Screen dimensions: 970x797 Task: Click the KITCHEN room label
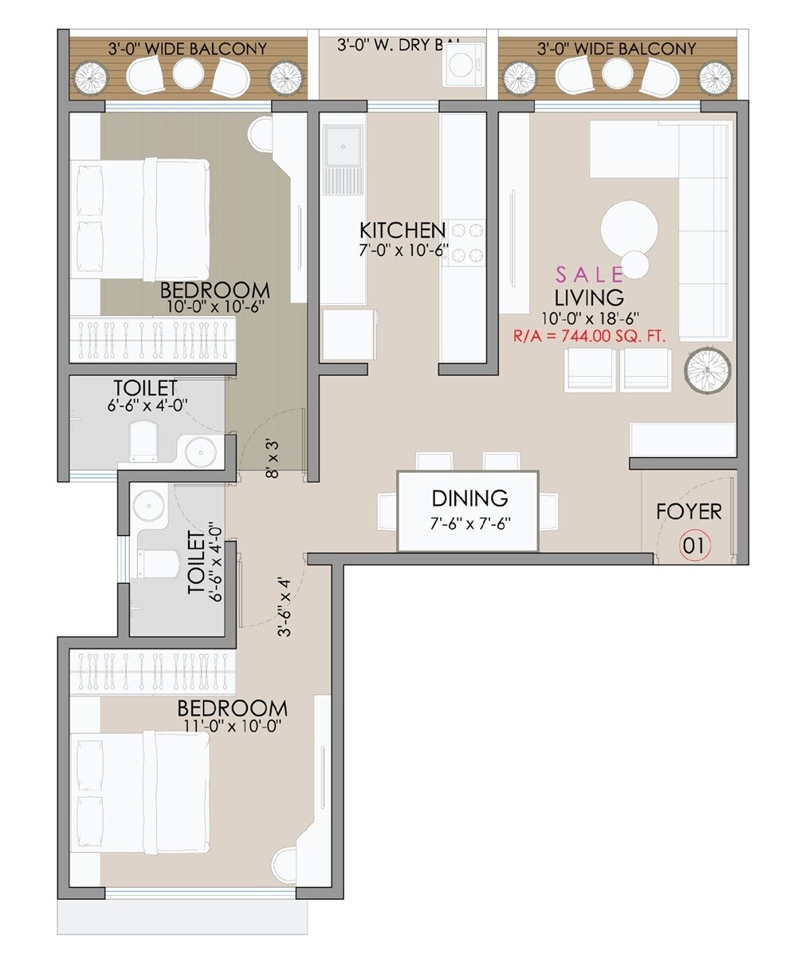pyautogui.click(x=402, y=231)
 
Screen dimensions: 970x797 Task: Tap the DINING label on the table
pyautogui.click(x=469, y=499)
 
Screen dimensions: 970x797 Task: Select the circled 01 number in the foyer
pyautogui.click(x=694, y=547)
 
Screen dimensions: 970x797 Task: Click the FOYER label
pyautogui.click(x=689, y=511)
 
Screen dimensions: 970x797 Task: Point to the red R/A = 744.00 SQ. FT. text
pyautogui.click(x=590, y=337)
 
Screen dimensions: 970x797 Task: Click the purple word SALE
pyautogui.click(x=590, y=275)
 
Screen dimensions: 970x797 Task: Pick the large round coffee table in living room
pyautogui.click(x=629, y=227)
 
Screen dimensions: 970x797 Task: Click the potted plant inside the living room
pyautogui.click(x=708, y=369)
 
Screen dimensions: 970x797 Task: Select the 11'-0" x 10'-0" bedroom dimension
pyautogui.click(x=231, y=727)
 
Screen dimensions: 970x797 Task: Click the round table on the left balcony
pyautogui.click(x=189, y=74)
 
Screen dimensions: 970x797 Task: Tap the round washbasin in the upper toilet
pyautogui.click(x=200, y=451)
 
